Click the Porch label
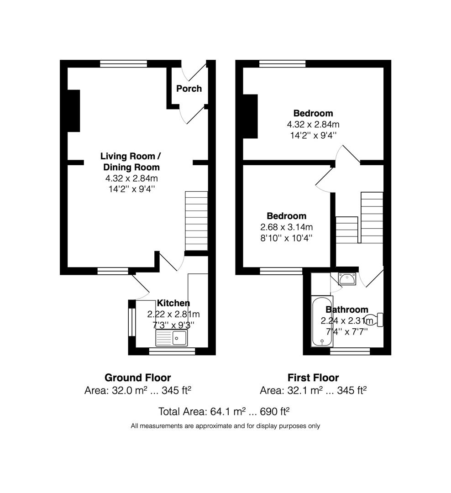tap(189, 89)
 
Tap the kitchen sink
tap(171, 338)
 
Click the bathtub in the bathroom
tap(322, 321)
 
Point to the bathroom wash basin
tap(347, 278)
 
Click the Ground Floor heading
tap(138, 378)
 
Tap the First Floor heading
tap(313, 378)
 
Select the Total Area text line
tap(224, 412)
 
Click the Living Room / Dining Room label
tap(131, 162)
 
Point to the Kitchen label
tap(173, 303)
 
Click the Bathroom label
tap(347, 309)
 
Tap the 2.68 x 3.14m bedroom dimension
tap(287, 227)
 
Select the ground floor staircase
tap(196, 221)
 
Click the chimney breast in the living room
tap(73, 111)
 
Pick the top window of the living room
tap(124, 63)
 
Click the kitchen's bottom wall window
tap(172, 351)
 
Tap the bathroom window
tap(350, 351)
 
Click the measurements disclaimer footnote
tap(225, 426)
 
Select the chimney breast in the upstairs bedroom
tap(250, 116)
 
